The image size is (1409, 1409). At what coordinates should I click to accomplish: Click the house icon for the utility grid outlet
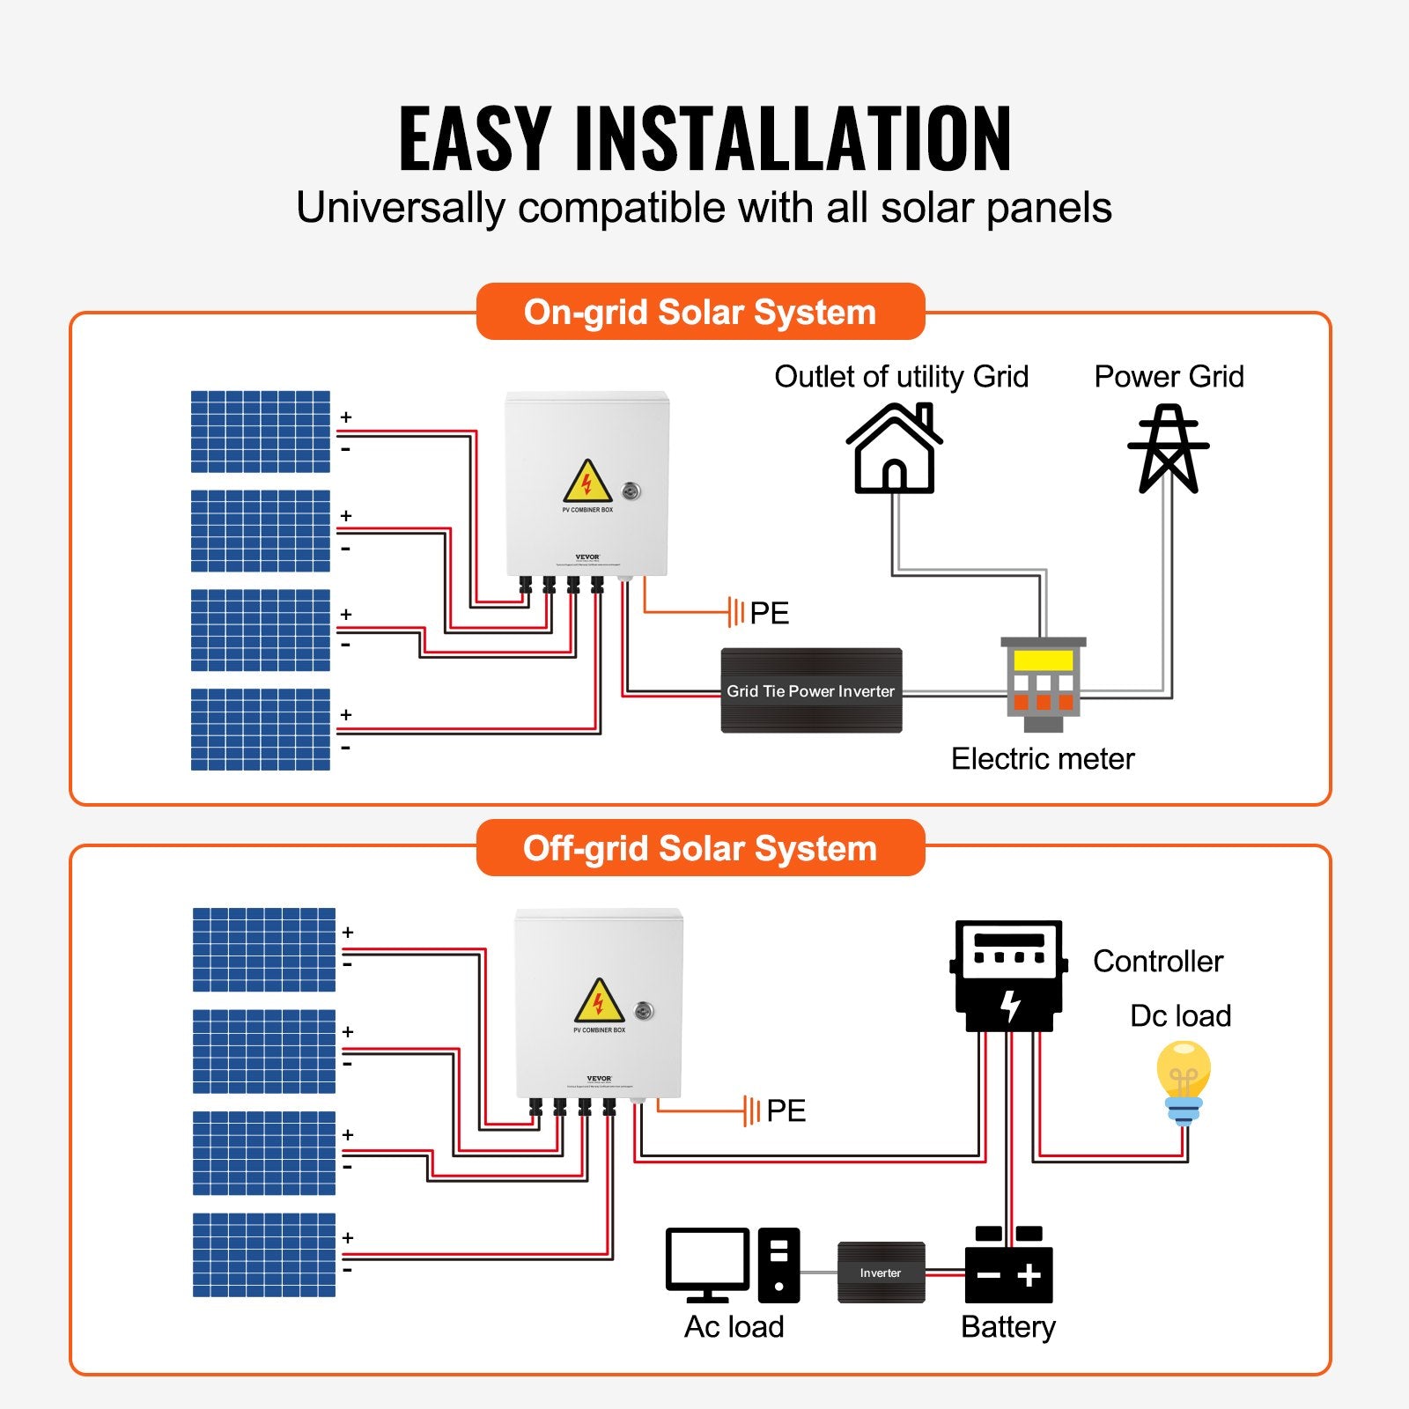pos(894,449)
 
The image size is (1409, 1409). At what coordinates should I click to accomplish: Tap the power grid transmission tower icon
pos(1168,449)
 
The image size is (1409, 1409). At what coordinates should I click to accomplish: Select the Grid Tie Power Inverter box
pos(811,691)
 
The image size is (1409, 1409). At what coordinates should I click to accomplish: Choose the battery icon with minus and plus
pos(1009,1268)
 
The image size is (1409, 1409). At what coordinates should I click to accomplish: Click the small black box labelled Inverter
pos(881,1273)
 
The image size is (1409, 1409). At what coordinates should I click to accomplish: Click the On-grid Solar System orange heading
pos(700,312)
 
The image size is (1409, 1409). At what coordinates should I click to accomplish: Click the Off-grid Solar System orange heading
pos(700,848)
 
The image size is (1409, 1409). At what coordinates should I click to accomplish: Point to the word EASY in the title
pos(475,138)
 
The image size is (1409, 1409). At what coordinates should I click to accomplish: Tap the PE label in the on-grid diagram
pos(769,613)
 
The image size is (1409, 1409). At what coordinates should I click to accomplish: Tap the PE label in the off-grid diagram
pos(786,1110)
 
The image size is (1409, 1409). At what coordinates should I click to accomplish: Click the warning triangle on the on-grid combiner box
pos(587,483)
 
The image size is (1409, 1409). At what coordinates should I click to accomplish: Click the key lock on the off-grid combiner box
pos(645,1011)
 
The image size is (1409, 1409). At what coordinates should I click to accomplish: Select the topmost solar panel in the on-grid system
pos(261,432)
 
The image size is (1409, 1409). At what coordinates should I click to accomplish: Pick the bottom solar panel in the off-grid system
pos(264,1255)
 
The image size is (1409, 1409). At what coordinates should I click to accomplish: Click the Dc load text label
pos(1180,1016)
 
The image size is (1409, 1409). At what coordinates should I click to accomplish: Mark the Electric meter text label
pos(1043,759)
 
